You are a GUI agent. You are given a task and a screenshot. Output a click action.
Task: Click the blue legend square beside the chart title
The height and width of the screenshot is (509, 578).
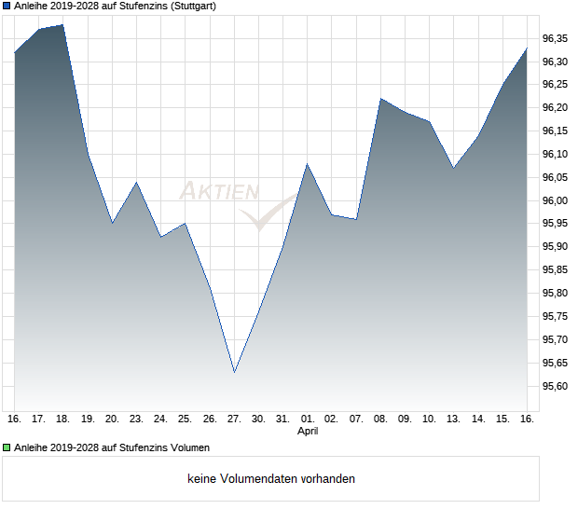point(7,7)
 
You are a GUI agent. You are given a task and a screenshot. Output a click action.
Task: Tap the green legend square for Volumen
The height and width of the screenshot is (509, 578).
point(7,447)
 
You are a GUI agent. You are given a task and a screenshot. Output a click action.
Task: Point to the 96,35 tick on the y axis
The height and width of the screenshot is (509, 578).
point(556,38)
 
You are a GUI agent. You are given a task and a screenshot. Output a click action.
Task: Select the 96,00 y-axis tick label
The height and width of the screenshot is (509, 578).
point(556,200)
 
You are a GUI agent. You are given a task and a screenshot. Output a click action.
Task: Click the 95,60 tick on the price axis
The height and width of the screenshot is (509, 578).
point(556,386)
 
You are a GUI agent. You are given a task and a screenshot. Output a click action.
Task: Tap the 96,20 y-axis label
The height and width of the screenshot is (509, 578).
point(556,108)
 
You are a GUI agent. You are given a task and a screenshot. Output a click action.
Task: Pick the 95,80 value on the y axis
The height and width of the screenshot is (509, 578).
point(556,294)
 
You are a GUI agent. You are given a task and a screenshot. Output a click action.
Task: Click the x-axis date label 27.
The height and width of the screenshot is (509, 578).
point(234,419)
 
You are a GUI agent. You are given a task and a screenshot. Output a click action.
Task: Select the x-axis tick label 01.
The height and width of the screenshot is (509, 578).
point(308,419)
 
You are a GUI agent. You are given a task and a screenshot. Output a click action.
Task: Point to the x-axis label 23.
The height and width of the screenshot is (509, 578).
point(136,419)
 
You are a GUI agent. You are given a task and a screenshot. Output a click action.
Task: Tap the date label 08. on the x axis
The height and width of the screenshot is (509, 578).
point(380,419)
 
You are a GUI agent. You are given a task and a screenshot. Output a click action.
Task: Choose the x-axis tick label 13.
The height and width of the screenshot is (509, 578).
point(454,419)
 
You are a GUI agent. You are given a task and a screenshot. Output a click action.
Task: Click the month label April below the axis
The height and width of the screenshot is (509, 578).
point(308,432)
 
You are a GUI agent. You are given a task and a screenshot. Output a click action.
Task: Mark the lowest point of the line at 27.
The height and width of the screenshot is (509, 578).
point(234,372)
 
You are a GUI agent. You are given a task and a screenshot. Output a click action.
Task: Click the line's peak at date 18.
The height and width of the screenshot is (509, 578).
point(63,25)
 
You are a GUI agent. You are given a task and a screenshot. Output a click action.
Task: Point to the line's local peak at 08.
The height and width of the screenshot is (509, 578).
point(380,98)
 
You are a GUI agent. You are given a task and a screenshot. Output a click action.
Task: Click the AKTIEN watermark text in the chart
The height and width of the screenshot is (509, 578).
point(218,192)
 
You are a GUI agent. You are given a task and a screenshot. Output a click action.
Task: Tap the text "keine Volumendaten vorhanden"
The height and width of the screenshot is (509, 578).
point(271,479)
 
